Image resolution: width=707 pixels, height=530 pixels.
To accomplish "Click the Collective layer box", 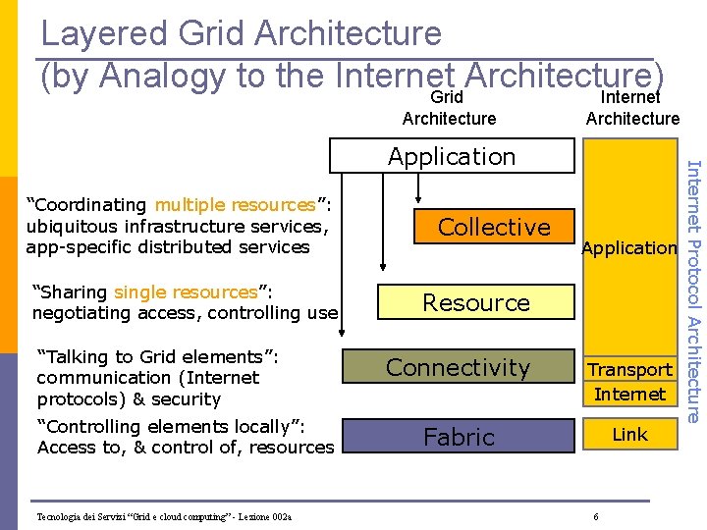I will pos(494,227).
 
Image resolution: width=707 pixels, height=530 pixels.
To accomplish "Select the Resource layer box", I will pos(476,302).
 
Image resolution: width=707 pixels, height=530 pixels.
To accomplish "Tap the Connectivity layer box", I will pos(458,367).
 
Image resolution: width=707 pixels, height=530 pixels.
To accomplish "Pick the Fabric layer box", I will pos(459,437).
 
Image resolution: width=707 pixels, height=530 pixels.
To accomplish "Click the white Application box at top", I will pos(451,156).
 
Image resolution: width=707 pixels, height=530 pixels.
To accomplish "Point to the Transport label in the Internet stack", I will pos(629,370).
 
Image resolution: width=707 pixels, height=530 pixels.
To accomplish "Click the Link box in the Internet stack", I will pos(629,434).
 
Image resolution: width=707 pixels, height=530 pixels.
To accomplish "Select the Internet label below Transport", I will pos(629,395).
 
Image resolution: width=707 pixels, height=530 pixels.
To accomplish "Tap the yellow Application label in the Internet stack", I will pos(629,248).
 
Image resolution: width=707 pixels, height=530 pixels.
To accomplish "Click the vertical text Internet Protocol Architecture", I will pos(692,291).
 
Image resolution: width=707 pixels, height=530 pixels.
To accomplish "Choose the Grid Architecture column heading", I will pos(449,108).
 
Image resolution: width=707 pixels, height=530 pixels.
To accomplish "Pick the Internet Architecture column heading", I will pos(632,108).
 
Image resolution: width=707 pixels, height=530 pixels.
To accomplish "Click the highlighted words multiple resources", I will pos(235,205).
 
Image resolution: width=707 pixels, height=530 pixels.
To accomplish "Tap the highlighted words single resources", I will pos(186,292).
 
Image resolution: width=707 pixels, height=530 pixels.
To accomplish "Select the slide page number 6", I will pos(595,517).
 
